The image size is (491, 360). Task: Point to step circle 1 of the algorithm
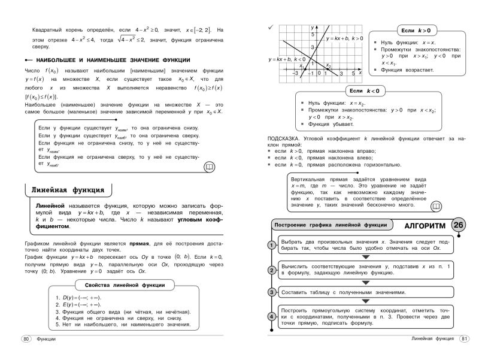pyautogui.click(x=271, y=246)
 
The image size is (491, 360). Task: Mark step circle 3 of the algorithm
pyautogui.click(x=271, y=292)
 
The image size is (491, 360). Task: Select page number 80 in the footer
pyautogui.click(x=26, y=339)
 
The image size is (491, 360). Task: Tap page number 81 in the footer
pyautogui.click(x=465, y=339)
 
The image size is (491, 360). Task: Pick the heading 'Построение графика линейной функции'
pyautogui.click(x=330, y=225)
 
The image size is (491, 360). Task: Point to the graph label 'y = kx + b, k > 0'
pyautogui.click(x=344, y=38)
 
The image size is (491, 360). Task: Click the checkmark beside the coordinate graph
pyautogui.click(x=271, y=27)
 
